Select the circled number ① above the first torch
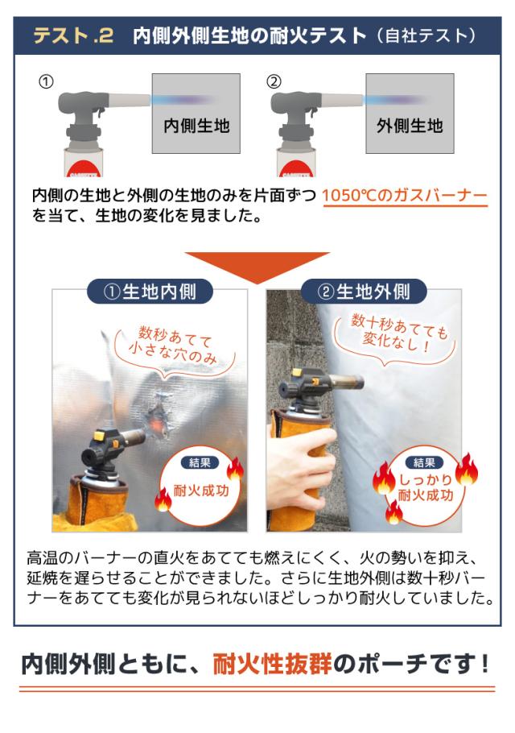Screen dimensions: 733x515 47,81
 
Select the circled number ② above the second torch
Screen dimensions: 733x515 274,81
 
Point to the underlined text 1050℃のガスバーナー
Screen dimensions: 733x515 404,196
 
